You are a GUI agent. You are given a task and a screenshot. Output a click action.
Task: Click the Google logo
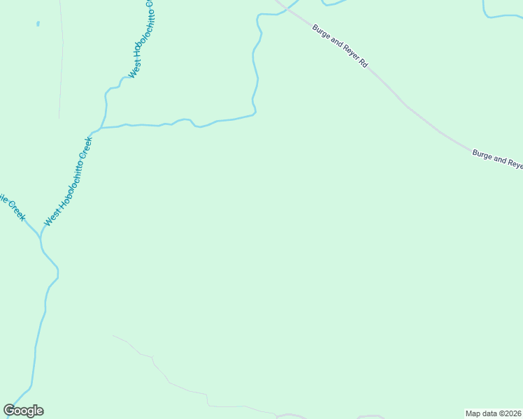click(x=24, y=411)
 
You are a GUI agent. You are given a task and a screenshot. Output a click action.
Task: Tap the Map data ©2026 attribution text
click(x=493, y=413)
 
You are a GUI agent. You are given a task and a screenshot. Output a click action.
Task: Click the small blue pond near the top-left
click(x=38, y=24)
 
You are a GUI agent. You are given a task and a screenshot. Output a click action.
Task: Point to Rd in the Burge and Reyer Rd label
click(x=362, y=63)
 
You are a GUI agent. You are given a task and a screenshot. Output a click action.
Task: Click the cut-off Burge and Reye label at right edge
click(x=497, y=159)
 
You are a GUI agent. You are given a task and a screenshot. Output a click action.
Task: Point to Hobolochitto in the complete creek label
click(x=69, y=183)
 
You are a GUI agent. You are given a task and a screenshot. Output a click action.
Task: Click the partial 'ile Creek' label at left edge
click(x=13, y=207)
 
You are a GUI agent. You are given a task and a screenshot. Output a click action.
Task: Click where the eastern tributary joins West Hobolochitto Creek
click(x=102, y=127)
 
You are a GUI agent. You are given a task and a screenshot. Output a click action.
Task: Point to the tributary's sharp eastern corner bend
click(x=255, y=112)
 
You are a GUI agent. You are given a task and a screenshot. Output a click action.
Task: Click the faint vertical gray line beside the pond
click(x=62, y=63)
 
